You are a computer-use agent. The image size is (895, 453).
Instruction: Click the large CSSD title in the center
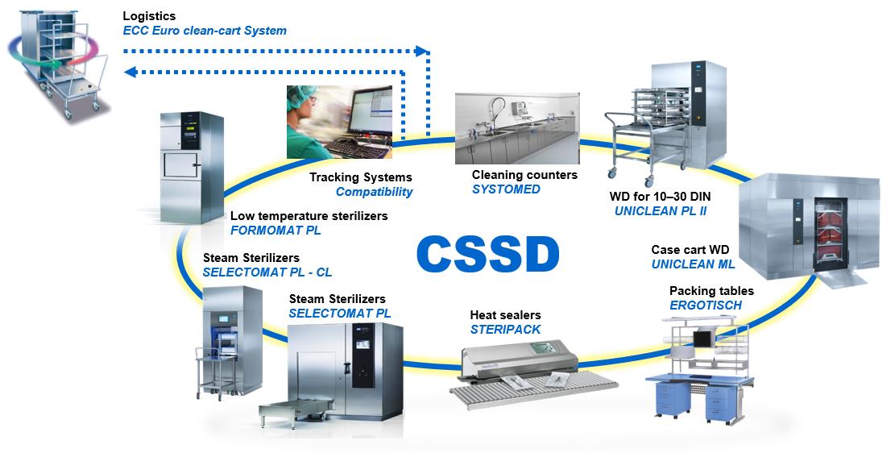488,254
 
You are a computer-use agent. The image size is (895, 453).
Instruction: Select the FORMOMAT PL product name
276,231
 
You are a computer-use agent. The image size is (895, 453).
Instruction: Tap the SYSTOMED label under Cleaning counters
506,189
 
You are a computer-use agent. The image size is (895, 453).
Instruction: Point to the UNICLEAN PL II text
661,211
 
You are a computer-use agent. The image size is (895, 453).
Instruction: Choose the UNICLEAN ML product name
693,264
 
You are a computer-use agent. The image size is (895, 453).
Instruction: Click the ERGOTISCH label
706,305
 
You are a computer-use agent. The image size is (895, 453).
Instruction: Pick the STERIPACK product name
505,330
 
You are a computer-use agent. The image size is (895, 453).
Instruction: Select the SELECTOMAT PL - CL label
267,272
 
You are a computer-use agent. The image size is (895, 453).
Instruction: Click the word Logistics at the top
149,16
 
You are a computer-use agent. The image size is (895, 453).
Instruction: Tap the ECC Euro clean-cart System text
205,31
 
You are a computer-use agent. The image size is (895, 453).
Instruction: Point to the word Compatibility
374,192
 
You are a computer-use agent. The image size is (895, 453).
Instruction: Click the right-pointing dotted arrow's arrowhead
422,51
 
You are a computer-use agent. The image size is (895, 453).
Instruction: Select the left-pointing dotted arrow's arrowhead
131,72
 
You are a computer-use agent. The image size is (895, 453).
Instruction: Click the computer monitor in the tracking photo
371,114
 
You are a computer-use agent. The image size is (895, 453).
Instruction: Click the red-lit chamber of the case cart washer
831,235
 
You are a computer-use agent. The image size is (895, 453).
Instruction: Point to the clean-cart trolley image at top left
57,60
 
